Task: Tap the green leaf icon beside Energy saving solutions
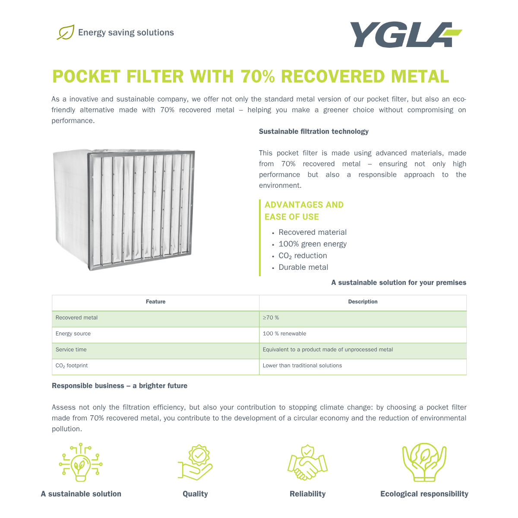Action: pyautogui.click(x=66, y=32)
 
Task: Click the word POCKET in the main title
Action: pyautogui.click(x=86, y=77)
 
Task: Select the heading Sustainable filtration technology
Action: pyautogui.click(x=313, y=131)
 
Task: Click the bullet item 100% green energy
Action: pyautogui.click(x=313, y=244)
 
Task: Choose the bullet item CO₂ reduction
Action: pyautogui.click(x=303, y=256)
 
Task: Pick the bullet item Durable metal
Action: pyautogui.click(x=303, y=267)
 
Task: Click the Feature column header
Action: pyautogui.click(x=155, y=302)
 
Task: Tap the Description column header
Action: pyautogui.click(x=363, y=302)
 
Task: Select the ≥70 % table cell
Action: pyautogui.click(x=271, y=318)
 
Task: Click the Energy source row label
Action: pyautogui.click(x=73, y=334)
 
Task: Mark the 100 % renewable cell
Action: pyautogui.click(x=284, y=334)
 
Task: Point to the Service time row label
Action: pyautogui.click(x=71, y=350)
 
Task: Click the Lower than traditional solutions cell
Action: pyautogui.click(x=302, y=366)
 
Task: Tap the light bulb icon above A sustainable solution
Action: pyautogui.click(x=81, y=462)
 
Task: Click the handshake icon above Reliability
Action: pyautogui.click(x=307, y=462)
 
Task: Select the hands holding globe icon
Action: pyautogui.click(x=424, y=462)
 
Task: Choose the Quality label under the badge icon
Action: pyautogui.click(x=195, y=494)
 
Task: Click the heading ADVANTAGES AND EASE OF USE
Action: pyautogui.click(x=304, y=211)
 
